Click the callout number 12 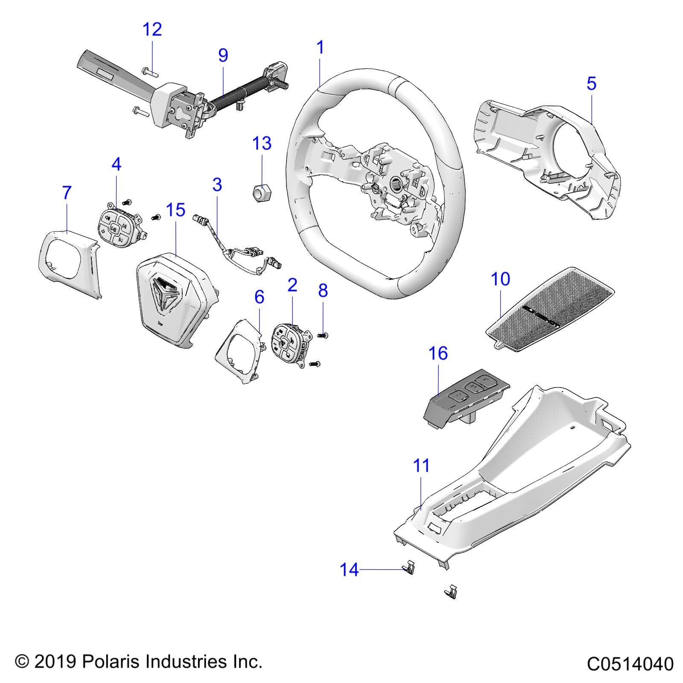pyautogui.click(x=152, y=30)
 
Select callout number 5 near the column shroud pyautogui.click(x=591, y=84)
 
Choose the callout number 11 pyautogui.click(x=422, y=466)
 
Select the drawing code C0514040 pyautogui.click(x=630, y=664)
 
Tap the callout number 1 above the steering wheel pyautogui.click(x=320, y=47)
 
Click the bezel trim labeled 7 pyautogui.click(x=68, y=260)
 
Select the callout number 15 pyautogui.click(x=175, y=210)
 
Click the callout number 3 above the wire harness pyautogui.click(x=217, y=185)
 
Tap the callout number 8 pyautogui.click(x=323, y=290)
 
